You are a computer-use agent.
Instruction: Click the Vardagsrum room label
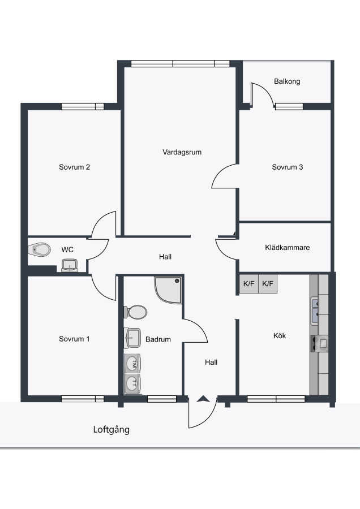182,152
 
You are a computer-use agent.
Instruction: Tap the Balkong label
287,81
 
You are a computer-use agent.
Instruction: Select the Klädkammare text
287,247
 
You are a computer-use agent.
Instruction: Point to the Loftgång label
111,430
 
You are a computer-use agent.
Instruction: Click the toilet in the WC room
40,249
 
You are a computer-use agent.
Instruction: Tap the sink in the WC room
70,265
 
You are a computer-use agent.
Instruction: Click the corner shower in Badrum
168,290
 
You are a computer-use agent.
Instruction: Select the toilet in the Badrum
135,312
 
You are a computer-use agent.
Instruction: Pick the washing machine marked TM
132,364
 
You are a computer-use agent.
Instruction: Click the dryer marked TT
132,383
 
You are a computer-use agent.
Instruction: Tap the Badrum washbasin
132,338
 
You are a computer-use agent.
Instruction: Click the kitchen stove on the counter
319,343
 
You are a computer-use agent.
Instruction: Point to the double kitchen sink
315,311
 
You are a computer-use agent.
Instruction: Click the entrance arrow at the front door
203,399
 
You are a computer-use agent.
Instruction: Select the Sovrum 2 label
74,167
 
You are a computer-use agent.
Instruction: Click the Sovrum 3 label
288,167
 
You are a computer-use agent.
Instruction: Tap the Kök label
280,335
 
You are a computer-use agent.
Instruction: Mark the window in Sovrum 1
83,399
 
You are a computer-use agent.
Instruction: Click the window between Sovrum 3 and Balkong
289,106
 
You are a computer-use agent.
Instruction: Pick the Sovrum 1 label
74,339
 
